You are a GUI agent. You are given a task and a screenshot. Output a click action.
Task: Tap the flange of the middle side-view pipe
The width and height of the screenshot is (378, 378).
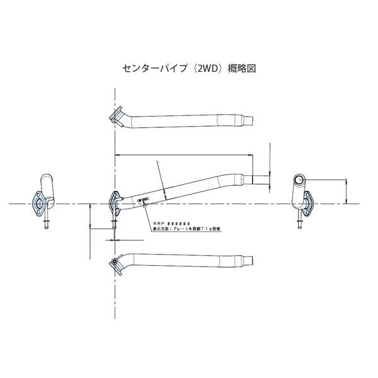[115, 202]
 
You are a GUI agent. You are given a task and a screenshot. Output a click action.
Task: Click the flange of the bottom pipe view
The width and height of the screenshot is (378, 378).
[115, 265]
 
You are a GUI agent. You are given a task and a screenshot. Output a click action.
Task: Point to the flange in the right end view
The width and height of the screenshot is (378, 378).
[307, 205]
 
